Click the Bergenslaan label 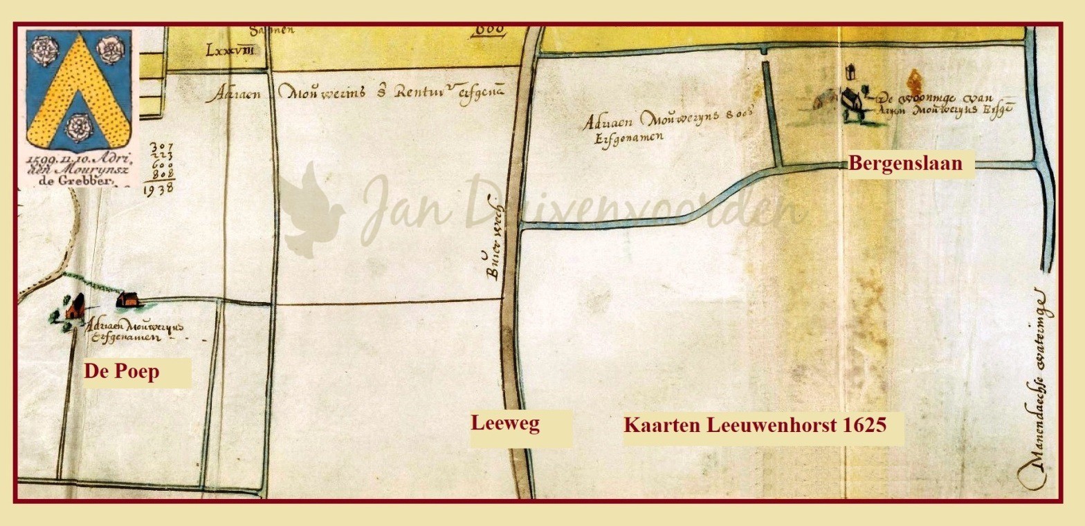(905, 164)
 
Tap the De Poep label (122, 371)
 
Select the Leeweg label (505, 422)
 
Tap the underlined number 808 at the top (489, 30)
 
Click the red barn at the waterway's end (129, 299)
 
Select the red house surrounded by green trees (73, 306)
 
